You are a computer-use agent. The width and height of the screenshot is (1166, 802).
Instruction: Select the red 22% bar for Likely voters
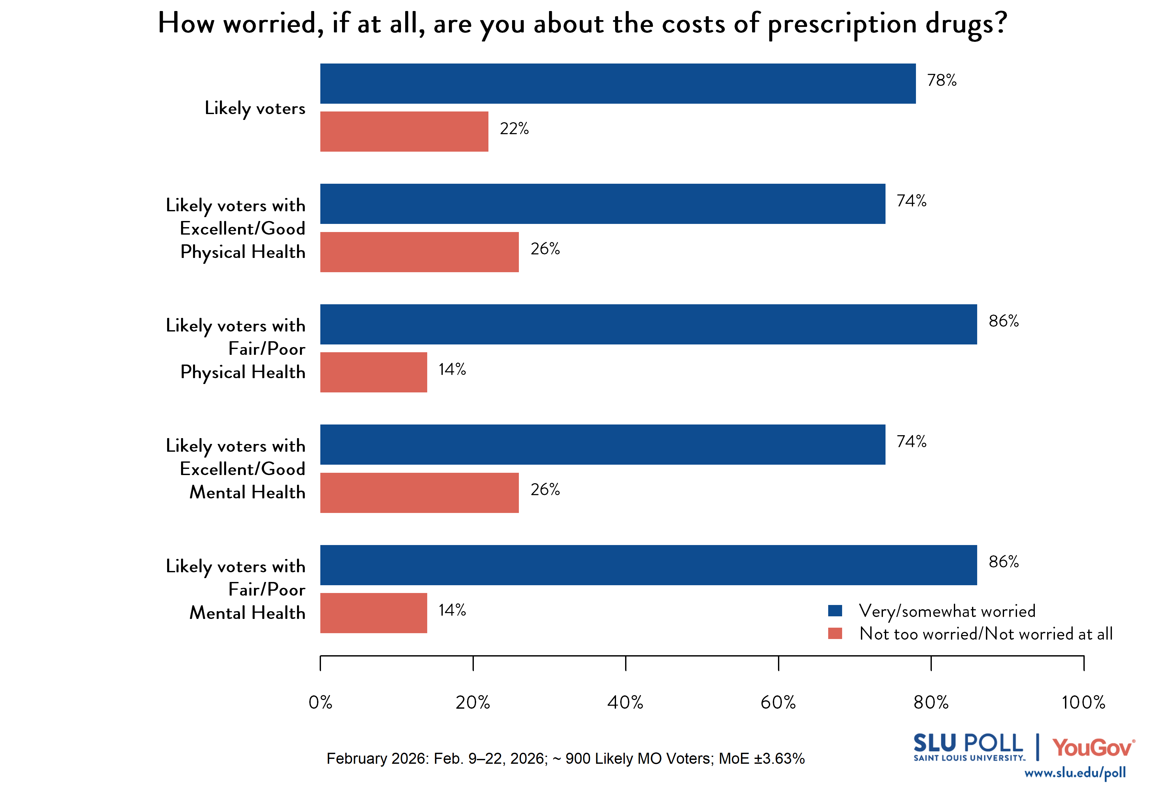(404, 132)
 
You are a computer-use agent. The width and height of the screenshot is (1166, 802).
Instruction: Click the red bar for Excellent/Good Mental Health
(419, 493)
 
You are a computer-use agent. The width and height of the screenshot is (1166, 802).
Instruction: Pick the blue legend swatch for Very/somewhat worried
(835, 610)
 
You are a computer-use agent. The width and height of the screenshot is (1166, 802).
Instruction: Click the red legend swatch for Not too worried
(835, 633)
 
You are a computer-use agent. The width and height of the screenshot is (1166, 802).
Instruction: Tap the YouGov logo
(1093, 748)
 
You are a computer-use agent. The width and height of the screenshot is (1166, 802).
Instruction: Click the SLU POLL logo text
(968, 744)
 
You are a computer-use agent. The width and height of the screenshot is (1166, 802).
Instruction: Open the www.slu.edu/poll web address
(1075, 773)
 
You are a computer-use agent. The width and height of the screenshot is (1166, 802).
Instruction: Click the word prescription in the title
(842, 24)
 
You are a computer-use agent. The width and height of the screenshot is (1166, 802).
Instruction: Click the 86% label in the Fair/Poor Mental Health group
(1003, 562)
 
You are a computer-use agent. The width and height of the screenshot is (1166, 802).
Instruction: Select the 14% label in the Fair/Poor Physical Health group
(452, 370)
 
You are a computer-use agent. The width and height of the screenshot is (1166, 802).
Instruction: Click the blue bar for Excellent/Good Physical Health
(602, 204)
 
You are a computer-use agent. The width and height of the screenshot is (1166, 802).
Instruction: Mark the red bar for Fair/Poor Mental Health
(373, 613)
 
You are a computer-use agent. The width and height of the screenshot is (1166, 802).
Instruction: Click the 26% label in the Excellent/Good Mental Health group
(545, 489)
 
